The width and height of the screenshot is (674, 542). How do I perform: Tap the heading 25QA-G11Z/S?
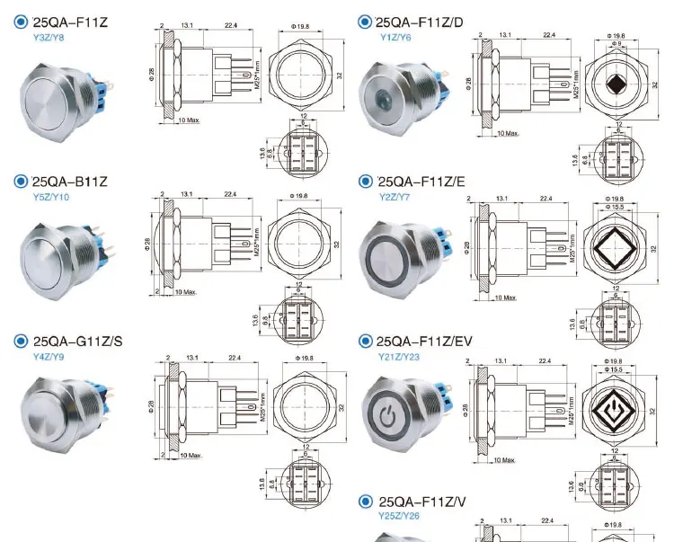click(x=77, y=341)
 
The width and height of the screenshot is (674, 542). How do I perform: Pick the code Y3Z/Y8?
click(x=49, y=37)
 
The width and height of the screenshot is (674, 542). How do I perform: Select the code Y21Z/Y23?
click(x=403, y=356)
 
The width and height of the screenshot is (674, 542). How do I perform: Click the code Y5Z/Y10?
click(x=50, y=196)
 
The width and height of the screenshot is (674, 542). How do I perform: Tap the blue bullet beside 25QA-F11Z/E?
click(x=365, y=182)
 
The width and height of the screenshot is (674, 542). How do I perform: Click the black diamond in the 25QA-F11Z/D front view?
click(x=616, y=85)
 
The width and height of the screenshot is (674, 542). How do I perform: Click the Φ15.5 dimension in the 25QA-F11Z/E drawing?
click(x=616, y=207)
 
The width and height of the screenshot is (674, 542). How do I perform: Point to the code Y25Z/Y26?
click(x=401, y=516)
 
